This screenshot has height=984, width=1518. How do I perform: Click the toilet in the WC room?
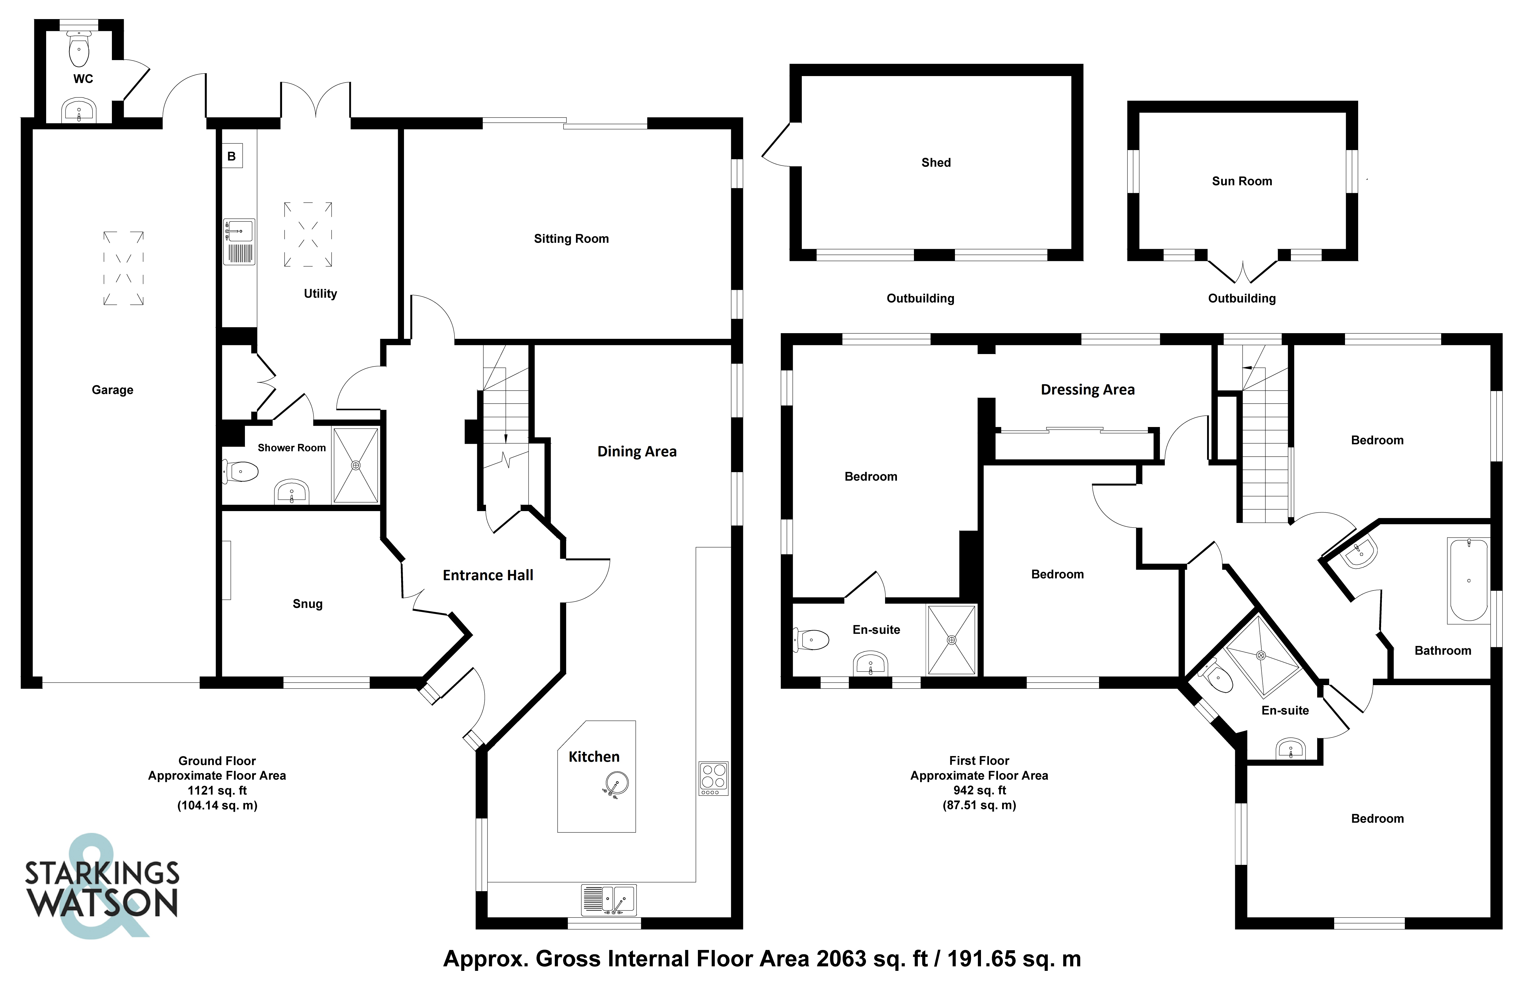[79, 50]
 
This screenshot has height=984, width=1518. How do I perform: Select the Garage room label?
[112, 390]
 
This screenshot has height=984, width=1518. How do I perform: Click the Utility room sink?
[239, 242]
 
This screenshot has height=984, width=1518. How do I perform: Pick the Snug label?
[307, 604]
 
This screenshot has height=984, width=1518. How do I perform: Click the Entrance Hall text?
[488, 575]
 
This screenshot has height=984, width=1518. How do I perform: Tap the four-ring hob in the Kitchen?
[713, 778]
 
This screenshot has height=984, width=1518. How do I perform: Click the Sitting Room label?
[571, 239]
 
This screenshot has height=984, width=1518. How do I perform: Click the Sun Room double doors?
[1242, 271]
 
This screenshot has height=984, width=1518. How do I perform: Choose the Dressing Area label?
[1087, 389]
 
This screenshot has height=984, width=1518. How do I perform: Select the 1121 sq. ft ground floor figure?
[217, 790]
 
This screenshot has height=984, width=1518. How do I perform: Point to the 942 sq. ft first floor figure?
[979, 790]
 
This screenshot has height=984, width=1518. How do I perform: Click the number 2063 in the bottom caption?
[841, 958]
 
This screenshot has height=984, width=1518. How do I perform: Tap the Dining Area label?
[637, 451]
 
